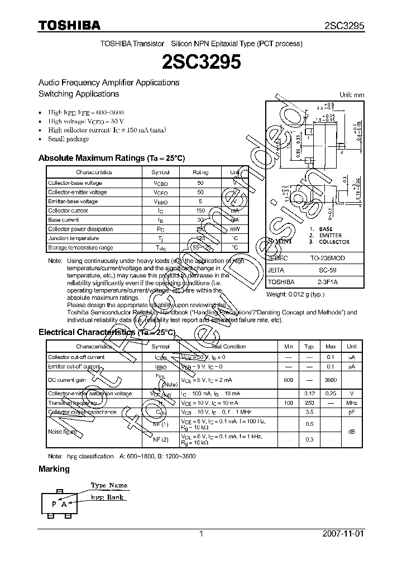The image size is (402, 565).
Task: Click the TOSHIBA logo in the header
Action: (69, 26)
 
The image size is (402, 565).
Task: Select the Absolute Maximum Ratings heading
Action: (111, 158)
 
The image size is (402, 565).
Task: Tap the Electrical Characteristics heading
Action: (107, 332)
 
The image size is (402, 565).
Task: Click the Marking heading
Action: (54, 469)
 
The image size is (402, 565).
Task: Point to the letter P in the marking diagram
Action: (54, 503)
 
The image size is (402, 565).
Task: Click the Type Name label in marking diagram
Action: (109, 485)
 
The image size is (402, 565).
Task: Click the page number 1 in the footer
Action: (201, 534)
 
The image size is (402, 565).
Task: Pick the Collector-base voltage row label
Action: (75, 183)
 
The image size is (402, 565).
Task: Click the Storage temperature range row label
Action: (80, 247)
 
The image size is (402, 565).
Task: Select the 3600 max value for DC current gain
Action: (331, 380)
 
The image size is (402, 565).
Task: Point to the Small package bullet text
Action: (68, 139)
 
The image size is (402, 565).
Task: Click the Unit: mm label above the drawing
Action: (351, 95)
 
